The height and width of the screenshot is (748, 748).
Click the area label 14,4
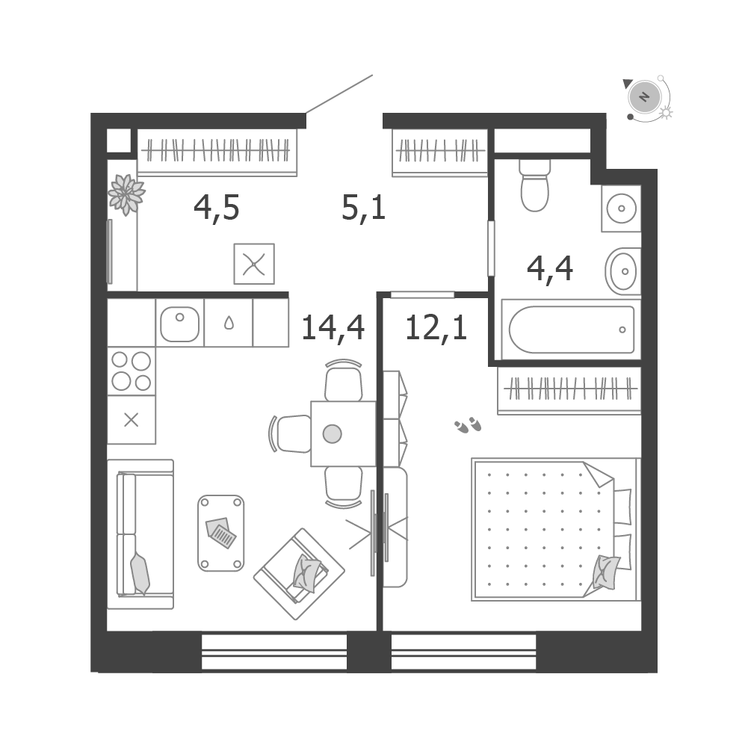point(333,328)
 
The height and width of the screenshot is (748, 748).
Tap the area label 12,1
point(436,328)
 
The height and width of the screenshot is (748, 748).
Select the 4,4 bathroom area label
point(549,269)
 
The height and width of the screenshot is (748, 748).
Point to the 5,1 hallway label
point(363,208)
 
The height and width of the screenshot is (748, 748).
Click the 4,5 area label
point(216,208)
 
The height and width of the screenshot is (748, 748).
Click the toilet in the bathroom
point(535,185)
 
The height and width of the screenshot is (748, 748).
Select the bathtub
point(571,330)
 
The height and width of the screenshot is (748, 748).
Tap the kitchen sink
point(180,324)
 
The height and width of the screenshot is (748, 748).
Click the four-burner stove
point(132,371)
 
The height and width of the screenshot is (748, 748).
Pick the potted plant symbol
point(126,194)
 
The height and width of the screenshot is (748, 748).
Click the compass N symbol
point(644,97)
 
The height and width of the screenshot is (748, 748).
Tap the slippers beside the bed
point(468,424)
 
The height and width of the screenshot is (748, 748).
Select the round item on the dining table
point(332,434)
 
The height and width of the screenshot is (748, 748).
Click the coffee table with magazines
point(221,533)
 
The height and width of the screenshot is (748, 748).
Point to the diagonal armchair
point(299,574)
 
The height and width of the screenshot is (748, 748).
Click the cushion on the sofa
point(140,573)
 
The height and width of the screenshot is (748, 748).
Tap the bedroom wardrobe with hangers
point(569,390)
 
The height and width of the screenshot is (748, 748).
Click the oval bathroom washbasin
point(623,271)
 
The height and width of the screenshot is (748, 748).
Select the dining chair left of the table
point(291,434)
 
